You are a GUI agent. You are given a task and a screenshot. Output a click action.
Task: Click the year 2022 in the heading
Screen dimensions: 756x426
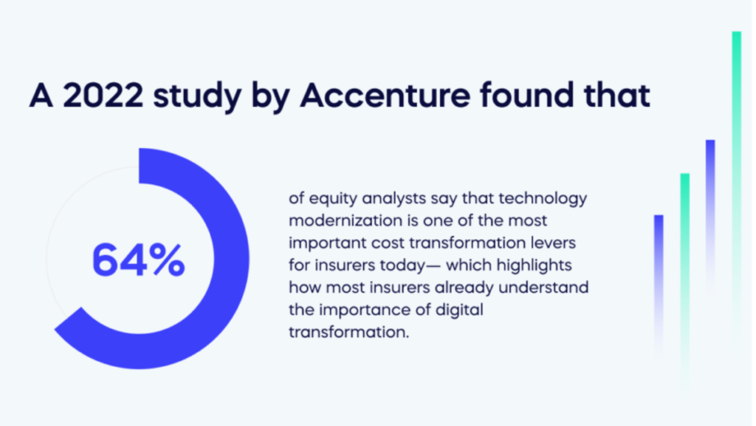pyautogui.click(x=103, y=95)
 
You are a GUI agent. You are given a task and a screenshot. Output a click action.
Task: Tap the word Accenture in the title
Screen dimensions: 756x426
pyautogui.click(x=385, y=95)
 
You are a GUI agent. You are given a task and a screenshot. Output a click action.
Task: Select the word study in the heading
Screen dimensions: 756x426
pyautogui.click(x=196, y=97)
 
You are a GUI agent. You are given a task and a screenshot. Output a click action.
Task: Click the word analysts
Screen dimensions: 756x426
pyautogui.click(x=394, y=199)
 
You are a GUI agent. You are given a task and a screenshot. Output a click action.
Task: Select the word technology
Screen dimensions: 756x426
pyautogui.click(x=543, y=199)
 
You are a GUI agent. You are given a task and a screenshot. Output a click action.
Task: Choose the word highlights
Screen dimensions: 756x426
pyautogui.click(x=534, y=266)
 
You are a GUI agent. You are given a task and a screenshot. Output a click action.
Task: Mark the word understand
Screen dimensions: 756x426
pyautogui.click(x=543, y=288)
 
